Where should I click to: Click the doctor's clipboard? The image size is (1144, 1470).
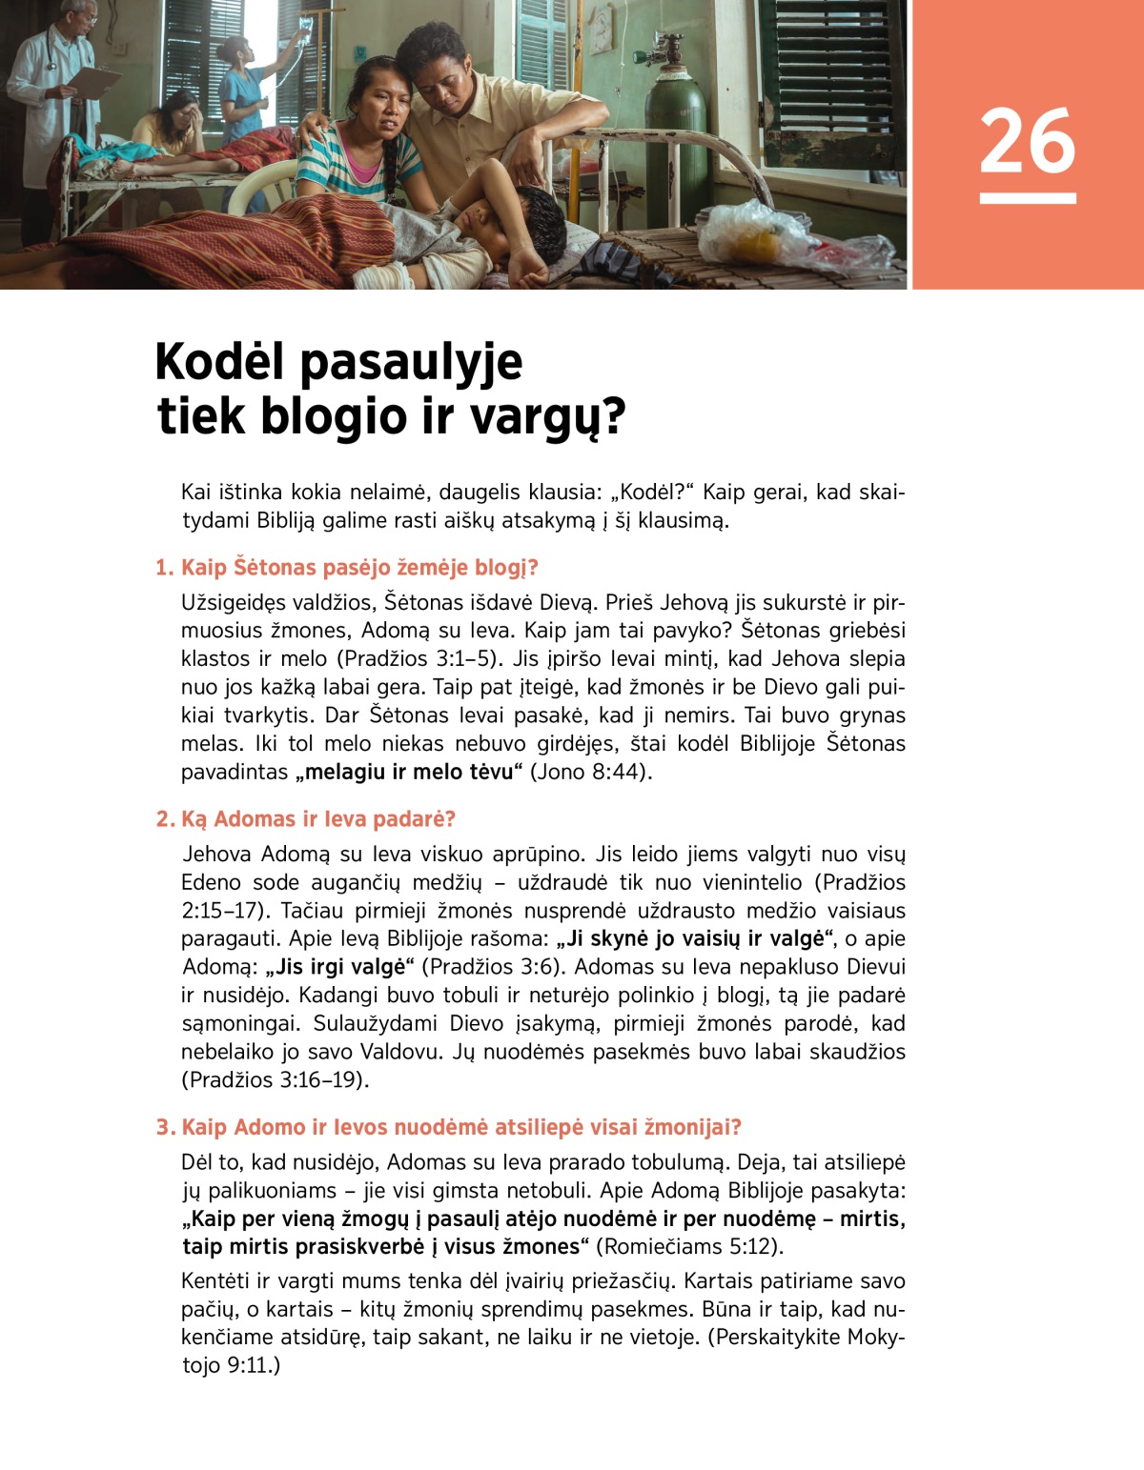[x=92, y=82]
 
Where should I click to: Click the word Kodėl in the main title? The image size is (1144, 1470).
[x=219, y=362]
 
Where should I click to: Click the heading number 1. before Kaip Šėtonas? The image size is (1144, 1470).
[x=165, y=568]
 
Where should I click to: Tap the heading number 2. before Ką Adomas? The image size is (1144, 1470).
[x=165, y=819]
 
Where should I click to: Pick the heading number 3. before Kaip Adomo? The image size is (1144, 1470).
[x=165, y=1127]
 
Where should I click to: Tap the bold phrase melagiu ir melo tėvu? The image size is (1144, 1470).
[x=412, y=772]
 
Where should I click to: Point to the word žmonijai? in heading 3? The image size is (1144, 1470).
[x=693, y=1127]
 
